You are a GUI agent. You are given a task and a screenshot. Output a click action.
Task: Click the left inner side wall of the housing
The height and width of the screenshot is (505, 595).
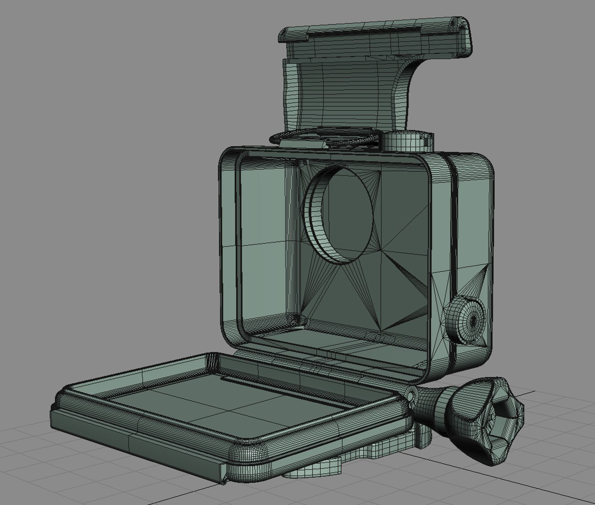(x=266, y=243)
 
